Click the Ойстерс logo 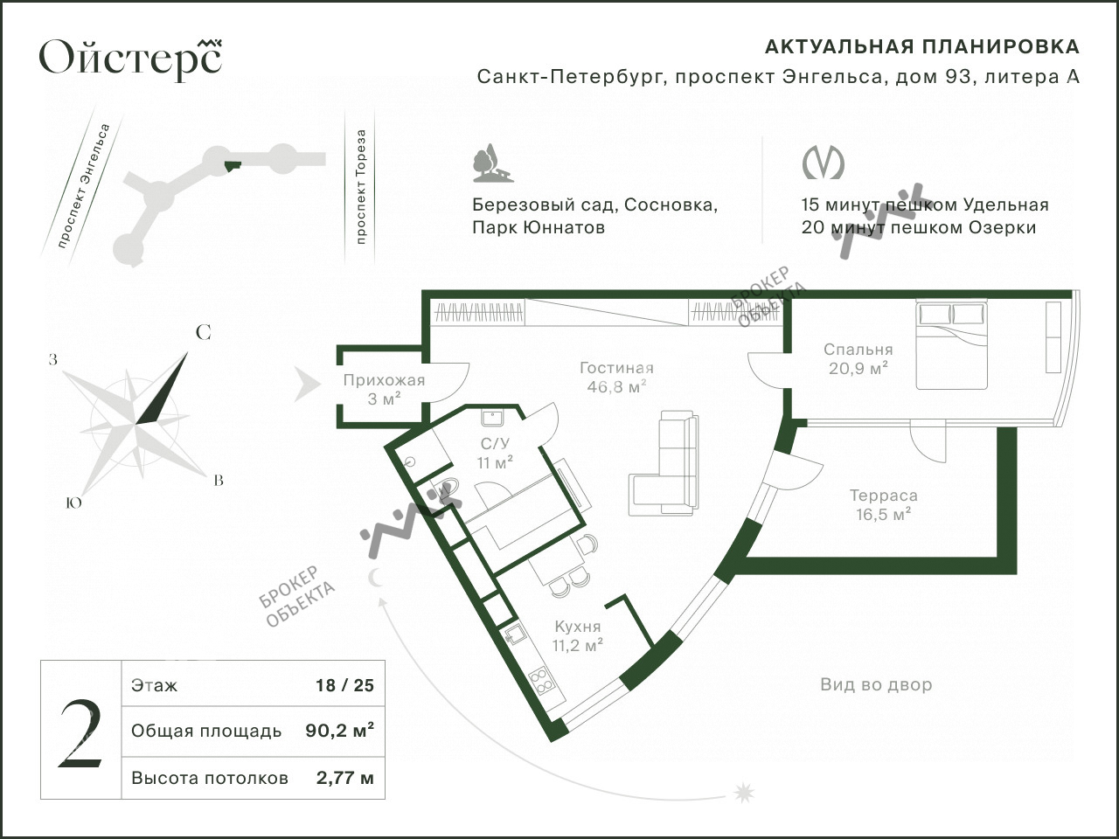(x=130, y=58)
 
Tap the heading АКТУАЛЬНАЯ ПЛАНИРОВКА (x=922, y=47)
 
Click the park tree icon (x=492, y=163)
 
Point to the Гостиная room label (x=616, y=368)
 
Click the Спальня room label (x=858, y=350)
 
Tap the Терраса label (x=884, y=496)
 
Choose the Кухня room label (x=578, y=626)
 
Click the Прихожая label (x=384, y=380)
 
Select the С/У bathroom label (x=495, y=444)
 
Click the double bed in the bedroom (x=952, y=345)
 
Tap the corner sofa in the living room (x=664, y=463)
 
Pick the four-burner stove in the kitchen (x=540, y=681)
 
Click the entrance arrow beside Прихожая (x=308, y=385)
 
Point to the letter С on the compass (x=204, y=333)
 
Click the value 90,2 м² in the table (x=339, y=731)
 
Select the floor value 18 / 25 (x=344, y=685)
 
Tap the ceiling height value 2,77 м (x=344, y=778)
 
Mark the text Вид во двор (x=876, y=684)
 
